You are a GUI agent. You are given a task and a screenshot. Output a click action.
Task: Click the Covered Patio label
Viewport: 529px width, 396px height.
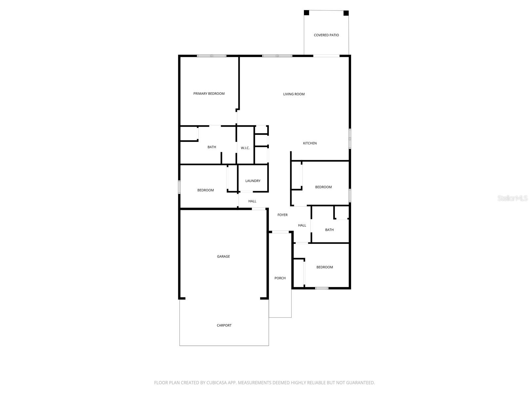[326, 35]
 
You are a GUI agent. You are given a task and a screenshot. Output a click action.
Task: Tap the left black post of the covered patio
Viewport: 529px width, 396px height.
[306, 13]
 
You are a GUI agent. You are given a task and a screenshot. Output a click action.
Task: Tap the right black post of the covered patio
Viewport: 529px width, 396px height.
[346, 13]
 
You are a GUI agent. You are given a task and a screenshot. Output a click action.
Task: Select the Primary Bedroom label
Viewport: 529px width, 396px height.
[209, 94]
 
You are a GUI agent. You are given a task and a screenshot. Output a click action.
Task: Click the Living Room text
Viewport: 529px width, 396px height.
[294, 94]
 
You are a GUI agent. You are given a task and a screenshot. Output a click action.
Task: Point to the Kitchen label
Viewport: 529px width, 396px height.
[310, 143]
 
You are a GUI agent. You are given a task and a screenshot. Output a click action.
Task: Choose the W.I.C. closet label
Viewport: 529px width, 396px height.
[245, 148]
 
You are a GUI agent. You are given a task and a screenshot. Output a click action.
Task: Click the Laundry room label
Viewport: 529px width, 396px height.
[253, 181]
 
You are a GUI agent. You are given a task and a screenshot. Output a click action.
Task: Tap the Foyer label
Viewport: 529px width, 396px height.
[282, 215]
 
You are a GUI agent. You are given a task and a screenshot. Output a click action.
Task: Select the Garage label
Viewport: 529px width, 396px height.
[223, 256]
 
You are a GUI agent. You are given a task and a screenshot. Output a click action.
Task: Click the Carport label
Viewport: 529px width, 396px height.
[224, 325]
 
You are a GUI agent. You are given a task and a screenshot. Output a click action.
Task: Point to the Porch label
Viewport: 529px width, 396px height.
[280, 278]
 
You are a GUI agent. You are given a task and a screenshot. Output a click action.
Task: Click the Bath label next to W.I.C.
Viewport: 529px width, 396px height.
[212, 147]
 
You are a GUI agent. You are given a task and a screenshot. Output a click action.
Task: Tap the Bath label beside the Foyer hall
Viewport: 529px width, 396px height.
[329, 230]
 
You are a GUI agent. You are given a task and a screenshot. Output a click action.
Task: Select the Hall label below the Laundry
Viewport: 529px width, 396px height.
[252, 201]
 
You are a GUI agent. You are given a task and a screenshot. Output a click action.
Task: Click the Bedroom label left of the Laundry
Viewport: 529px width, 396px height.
[205, 190]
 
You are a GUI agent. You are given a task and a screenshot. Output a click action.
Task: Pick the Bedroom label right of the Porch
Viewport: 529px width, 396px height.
[324, 267]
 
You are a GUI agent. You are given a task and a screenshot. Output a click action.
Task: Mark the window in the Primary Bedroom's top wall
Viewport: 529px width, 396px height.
[212, 56]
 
